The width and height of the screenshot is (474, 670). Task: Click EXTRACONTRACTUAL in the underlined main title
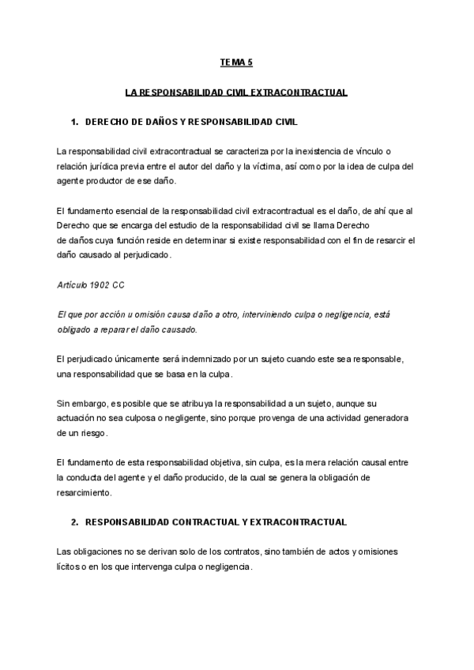(299, 92)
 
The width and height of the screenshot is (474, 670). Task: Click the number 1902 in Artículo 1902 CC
(94, 284)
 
